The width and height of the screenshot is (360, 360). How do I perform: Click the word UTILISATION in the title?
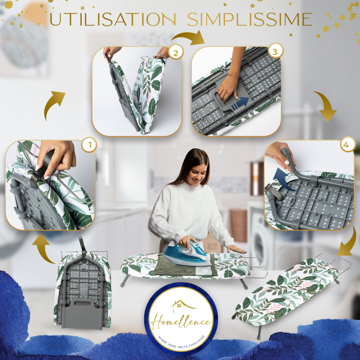click(113, 19)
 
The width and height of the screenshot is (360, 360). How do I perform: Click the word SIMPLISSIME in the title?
click(250, 19)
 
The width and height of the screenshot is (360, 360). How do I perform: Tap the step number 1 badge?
click(90, 145)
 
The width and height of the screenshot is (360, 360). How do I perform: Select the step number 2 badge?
click(176, 53)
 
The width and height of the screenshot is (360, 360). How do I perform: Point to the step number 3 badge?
click(275, 52)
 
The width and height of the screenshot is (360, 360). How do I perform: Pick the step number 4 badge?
click(346, 145)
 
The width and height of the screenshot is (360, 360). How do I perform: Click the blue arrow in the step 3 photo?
click(240, 103)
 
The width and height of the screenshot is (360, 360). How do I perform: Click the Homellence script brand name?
click(181, 322)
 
